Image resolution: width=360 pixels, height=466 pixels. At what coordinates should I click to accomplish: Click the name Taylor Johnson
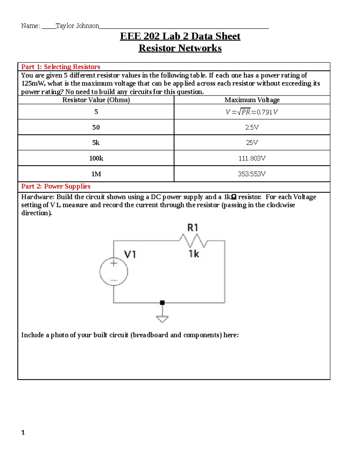[x=77, y=26]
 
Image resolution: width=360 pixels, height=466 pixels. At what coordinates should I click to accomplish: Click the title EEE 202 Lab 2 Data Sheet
[x=180, y=36]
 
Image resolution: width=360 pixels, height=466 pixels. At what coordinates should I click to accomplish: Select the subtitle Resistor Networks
[x=180, y=48]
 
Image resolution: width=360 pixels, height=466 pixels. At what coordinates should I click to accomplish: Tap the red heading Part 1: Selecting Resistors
[x=61, y=67]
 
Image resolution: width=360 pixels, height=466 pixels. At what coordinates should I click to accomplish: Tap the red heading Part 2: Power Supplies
[x=56, y=186]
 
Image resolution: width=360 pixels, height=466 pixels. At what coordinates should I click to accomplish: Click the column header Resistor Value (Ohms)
[x=96, y=100]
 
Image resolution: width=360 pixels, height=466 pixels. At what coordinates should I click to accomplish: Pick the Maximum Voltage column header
[x=252, y=100]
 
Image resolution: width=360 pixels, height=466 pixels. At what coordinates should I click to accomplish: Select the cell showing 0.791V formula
[x=252, y=112]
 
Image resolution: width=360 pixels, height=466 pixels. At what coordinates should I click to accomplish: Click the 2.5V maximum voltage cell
[x=252, y=127]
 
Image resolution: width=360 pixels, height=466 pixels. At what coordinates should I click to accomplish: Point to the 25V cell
[x=252, y=143]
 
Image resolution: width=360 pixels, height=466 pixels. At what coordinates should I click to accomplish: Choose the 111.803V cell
[x=252, y=158]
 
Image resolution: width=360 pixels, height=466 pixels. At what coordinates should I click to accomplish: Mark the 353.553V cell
[x=252, y=174]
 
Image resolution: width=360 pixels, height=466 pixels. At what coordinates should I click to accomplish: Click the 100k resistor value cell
[x=96, y=158]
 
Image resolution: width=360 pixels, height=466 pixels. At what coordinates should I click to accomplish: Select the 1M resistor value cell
[x=96, y=174]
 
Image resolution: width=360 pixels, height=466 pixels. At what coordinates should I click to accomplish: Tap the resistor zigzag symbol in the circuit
[x=193, y=240]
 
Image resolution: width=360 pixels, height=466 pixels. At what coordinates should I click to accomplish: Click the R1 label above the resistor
[x=193, y=228]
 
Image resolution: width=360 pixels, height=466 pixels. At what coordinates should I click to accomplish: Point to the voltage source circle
[x=114, y=272]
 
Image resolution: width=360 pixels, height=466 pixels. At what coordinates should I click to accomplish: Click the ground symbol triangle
[x=162, y=319]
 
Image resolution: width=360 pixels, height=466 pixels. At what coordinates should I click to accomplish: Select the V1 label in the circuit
[x=130, y=255]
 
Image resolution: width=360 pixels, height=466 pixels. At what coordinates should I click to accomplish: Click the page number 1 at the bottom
[x=23, y=432]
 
